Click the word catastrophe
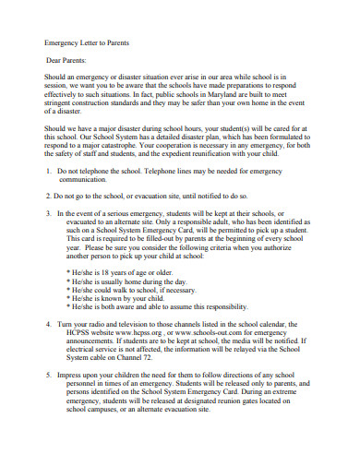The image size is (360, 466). coord(145,146)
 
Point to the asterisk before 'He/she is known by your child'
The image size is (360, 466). coord(69,297)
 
